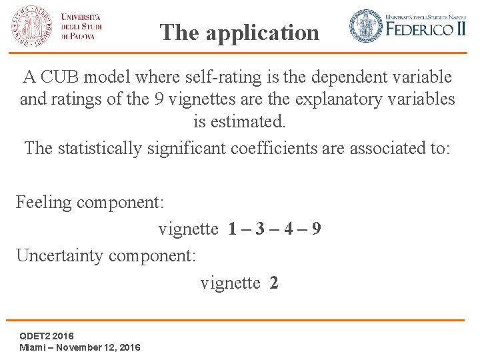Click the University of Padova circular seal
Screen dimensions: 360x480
pyautogui.click(x=31, y=25)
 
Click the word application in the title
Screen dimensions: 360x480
pyautogui.click(x=263, y=33)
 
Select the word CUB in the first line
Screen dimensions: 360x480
pyautogui.click(x=64, y=77)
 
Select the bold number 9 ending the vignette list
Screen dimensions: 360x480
pyautogui.click(x=317, y=229)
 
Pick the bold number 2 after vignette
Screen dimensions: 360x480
pyautogui.click(x=274, y=283)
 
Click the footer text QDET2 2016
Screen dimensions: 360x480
pyautogui.click(x=47, y=335)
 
